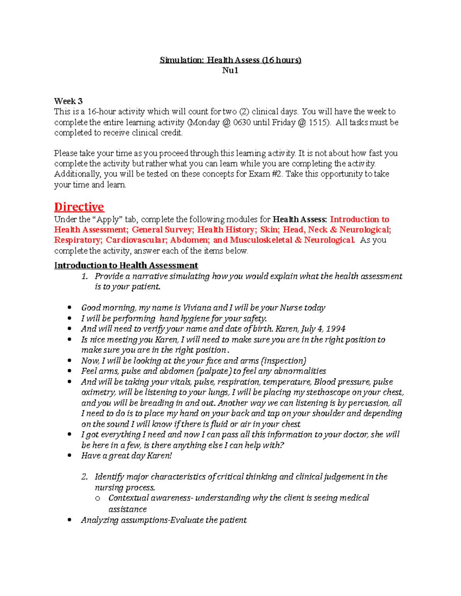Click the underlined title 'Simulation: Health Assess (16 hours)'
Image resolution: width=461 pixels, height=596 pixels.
click(230, 60)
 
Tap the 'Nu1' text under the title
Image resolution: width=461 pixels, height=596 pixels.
click(230, 70)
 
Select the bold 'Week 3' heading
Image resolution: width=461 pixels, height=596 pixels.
click(68, 101)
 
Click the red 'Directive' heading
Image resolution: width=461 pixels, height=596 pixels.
click(79, 207)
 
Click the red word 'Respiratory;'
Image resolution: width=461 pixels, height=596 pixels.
click(78, 240)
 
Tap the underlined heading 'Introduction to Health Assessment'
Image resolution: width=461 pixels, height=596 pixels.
click(126, 265)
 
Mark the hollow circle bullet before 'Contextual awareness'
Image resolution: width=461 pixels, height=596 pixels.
click(98, 499)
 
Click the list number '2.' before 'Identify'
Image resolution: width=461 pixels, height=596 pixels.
click(85, 477)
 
